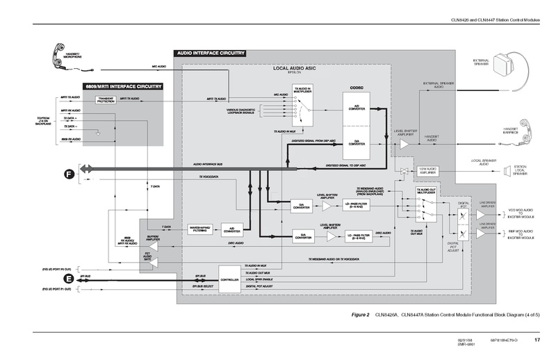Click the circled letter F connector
(x=67, y=173)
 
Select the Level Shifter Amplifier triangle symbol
(x=404, y=144)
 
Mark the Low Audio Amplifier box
(x=427, y=170)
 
